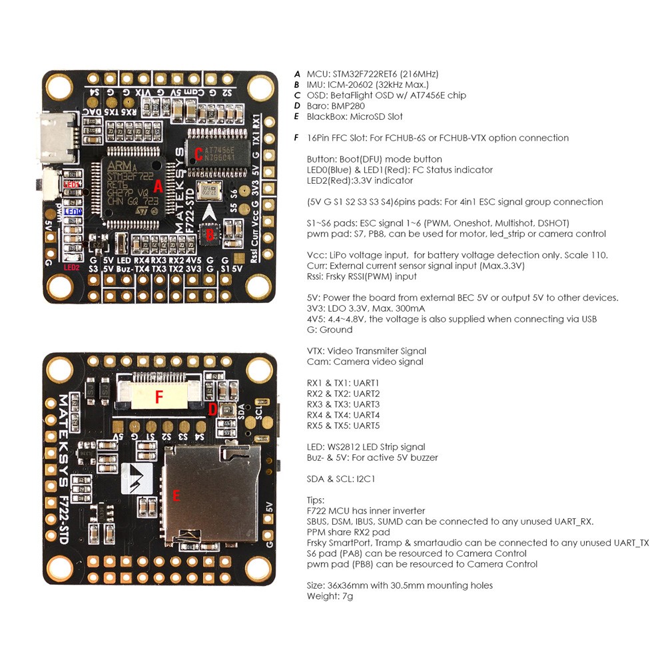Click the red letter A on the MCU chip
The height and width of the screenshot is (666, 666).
pos(158,186)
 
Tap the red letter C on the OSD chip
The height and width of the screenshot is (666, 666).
pos(198,154)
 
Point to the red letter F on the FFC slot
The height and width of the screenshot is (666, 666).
pos(159,397)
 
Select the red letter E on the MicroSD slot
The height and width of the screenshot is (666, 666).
pos(176,496)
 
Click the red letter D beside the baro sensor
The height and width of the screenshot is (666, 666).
pos(212,409)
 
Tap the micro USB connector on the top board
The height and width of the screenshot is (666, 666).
pos(56,137)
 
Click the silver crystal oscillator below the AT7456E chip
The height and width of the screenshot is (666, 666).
pos(209,190)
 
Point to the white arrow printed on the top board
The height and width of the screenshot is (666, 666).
pos(209,212)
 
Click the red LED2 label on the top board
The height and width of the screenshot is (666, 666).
pos(71,268)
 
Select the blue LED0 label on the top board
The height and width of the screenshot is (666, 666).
pos(73,212)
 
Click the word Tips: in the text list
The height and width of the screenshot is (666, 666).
pos(316,500)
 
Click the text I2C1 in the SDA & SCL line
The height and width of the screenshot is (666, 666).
pos(366,479)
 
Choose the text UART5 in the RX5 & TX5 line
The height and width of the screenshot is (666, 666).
pos(366,426)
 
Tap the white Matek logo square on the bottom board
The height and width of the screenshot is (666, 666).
pos(137,478)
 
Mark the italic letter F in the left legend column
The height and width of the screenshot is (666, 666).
pos(296,138)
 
